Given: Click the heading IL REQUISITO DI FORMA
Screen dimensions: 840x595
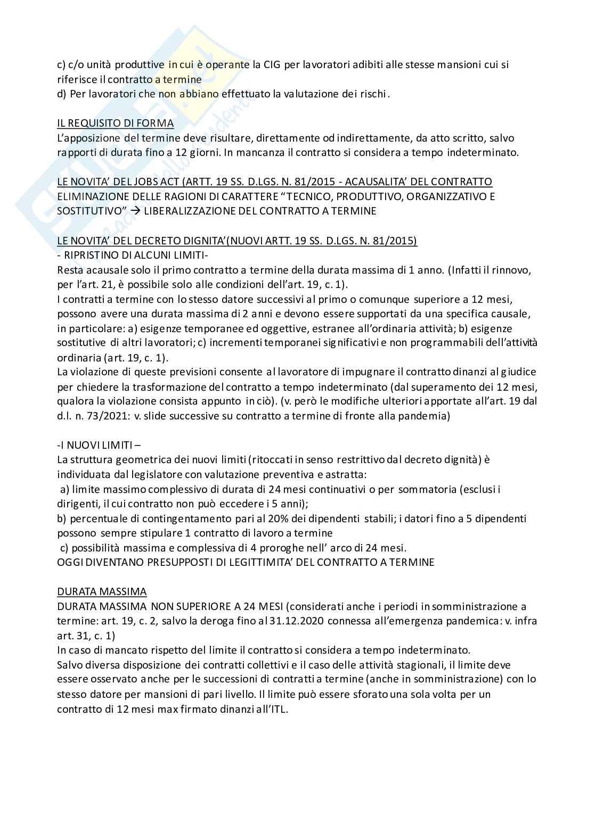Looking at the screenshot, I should point(116,123).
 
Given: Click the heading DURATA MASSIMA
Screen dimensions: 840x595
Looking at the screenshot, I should point(102,591).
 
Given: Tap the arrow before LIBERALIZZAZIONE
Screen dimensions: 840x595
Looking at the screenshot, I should point(135,211).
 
